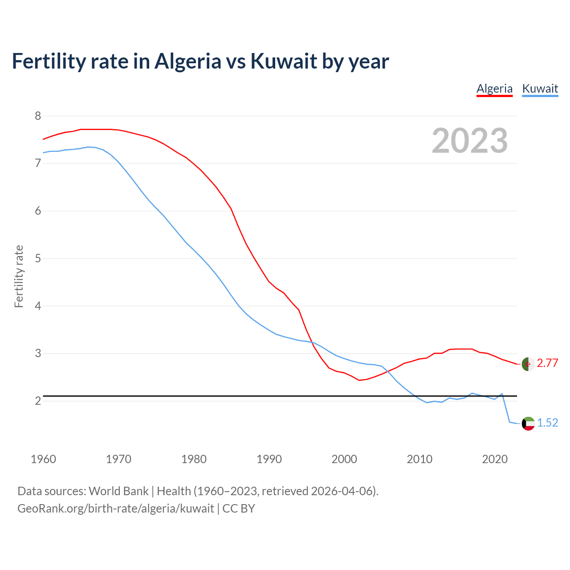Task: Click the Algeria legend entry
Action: point(494,89)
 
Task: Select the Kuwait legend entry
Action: point(540,89)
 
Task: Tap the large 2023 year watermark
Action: point(470,141)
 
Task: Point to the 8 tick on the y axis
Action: point(38,116)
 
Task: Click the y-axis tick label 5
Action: point(38,259)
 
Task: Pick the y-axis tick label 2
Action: point(38,401)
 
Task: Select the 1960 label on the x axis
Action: point(43,459)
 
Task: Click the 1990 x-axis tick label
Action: point(269,459)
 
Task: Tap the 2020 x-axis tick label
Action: point(495,459)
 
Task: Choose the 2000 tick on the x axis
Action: point(344,459)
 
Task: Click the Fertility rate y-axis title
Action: point(19,276)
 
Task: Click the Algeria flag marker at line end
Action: point(528,364)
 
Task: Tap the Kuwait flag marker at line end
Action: point(528,423)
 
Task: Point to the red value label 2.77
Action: point(547,363)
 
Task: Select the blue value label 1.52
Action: point(547,423)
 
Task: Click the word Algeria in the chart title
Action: point(187,61)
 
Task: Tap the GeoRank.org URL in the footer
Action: point(116,509)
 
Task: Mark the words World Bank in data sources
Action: point(118,491)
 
